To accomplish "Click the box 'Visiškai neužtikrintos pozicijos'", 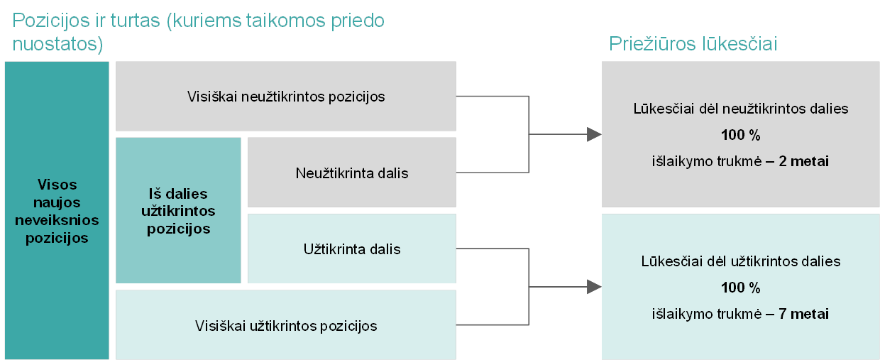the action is pyautogui.click(x=285, y=96).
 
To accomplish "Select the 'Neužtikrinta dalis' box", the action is pyautogui.click(x=351, y=172).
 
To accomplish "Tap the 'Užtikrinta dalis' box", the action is pyautogui.click(x=351, y=249).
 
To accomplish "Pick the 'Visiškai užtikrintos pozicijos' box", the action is pyautogui.click(x=285, y=324).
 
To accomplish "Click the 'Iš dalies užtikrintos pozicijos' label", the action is pyautogui.click(x=178, y=211).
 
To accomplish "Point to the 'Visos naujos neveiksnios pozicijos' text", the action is pyautogui.click(x=57, y=211).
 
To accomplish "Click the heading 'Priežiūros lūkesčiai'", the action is pyautogui.click(x=693, y=43).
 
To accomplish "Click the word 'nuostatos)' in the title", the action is pyautogui.click(x=57, y=44).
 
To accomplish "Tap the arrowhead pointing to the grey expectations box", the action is pyautogui.click(x=594, y=134).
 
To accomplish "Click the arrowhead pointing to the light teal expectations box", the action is pyautogui.click(x=594, y=287).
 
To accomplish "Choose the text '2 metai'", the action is pyautogui.click(x=803, y=161).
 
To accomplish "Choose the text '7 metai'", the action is pyautogui.click(x=803, y=314).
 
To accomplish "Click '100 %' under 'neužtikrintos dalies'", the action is pyautogui.click(x=740, y=135).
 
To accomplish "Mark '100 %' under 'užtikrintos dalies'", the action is pyautogui.click(x=740, y=288).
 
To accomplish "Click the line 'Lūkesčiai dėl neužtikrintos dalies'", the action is pyautogui.click(x=740, y=109).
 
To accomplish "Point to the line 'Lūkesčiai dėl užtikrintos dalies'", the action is pyautogui.click(x=740, y=261).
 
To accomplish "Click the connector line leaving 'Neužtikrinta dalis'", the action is pyautogui.click(x=493, y=172).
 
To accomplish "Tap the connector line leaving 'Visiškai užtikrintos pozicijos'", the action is pyautogui.click(x=493, y=324).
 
